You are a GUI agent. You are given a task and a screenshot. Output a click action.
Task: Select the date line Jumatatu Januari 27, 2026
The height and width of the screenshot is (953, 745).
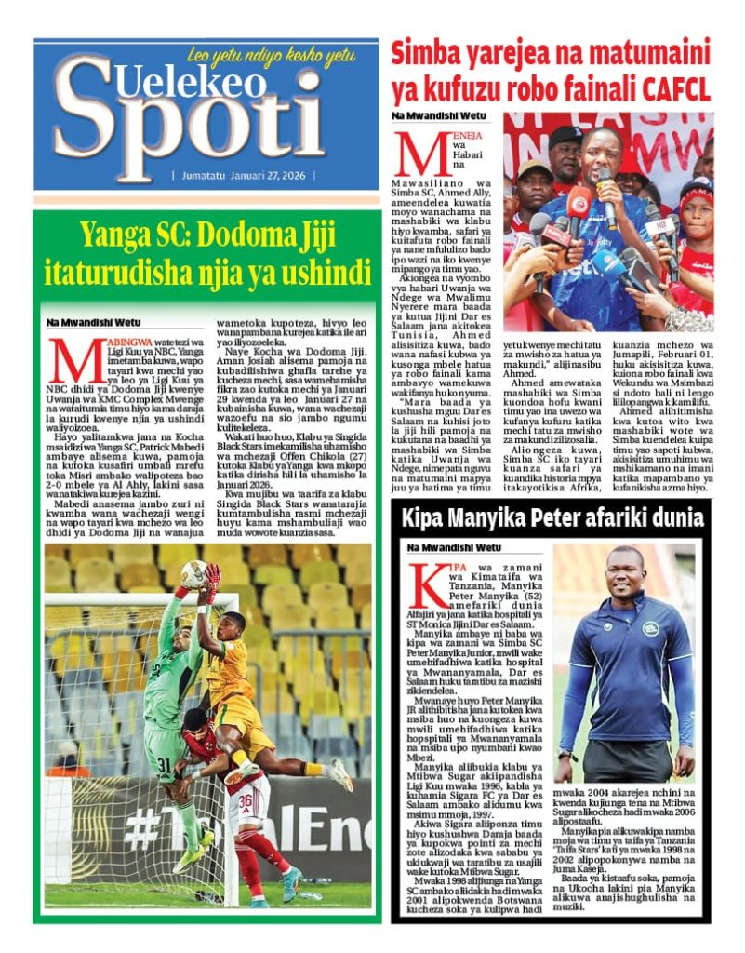click(x=243, y=175)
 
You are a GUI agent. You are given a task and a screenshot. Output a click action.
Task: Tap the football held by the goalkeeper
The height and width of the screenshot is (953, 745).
click(x=194, y=573)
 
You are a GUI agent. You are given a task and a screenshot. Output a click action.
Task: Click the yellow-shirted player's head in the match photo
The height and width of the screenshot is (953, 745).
click(x=233, y=626)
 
